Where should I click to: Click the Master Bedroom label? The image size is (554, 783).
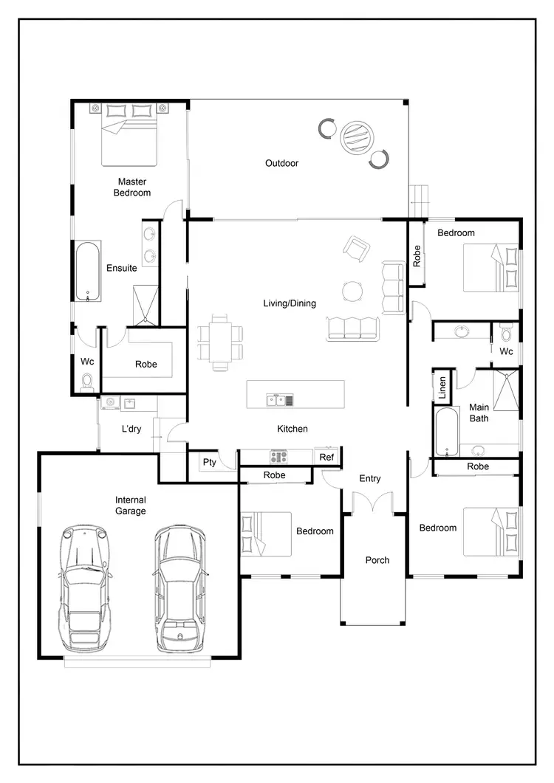pyautogui.click(x=131, y=187)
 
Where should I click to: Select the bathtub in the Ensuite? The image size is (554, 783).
pyautogui.click(x=88, y=272)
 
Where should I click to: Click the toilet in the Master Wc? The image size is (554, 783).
pyautogui.click(x=87, y=381)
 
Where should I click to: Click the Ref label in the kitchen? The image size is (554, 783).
pyautogui.click(x=326, y=458)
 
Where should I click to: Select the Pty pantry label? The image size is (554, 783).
pyautogui.click(x=210, y=462)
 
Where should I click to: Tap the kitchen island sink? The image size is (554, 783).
pyautogui.click(x=276, y=401)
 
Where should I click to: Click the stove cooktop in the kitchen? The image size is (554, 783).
pyautogui.click(x=278, y=457)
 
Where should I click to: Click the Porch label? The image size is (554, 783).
pyautogui.click(x=377, y=560)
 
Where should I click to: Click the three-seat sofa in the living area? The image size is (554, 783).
pyautogui.click(x=352, y=328)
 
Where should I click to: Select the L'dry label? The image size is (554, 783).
pyautogui.click(x=131, y=429)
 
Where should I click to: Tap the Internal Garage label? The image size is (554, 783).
pyautogui.click(x=131, y=505)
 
